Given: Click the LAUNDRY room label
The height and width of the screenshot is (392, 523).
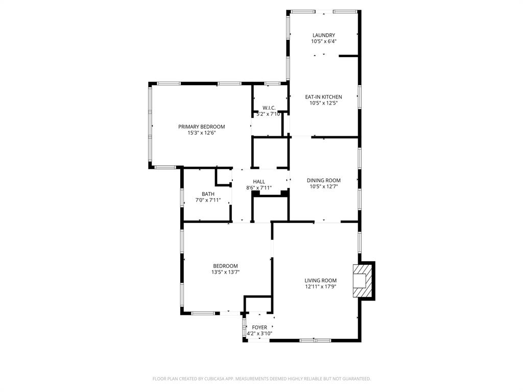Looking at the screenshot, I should pyautogui.click(x=323, y=35).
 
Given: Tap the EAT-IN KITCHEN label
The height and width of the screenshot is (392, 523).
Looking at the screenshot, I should pyautogui.click(x=323, y=96).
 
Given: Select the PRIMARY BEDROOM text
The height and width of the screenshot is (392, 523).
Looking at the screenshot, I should pyautogui.click(x=201, y=127).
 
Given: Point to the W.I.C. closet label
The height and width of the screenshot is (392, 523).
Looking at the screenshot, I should pyautogui.click(x=269, y=108).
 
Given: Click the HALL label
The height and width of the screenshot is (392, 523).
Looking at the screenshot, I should pyautogui.click(x=259, y=181).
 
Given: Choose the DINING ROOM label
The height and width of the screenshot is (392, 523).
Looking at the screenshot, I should pyautogui.click(x=323, y=180).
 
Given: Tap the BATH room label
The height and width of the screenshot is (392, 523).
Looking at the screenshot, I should pyautogui.click(x=208, y=194).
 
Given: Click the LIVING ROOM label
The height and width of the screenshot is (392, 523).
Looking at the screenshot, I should pyautogui.click(x=320, y=280).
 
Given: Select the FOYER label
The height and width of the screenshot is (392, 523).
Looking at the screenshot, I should pyautogui.click(x=259, y=327).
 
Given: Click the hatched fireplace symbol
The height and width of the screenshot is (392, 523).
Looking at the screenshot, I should pyautogui.click(x=362, y=281).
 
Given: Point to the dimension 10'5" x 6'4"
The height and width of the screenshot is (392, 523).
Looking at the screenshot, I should pyautogui.click(x=323, y=41).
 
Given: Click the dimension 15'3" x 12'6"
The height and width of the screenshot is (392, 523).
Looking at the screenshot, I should pyautogui.click(x=201, y=133).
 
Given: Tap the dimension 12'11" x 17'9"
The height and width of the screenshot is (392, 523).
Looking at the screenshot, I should pyautogui.click(x=320, y=286).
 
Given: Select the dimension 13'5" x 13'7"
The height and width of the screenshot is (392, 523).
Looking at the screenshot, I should pyautogui.click(x=225, y=272).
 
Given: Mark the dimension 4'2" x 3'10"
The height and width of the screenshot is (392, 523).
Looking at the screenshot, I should pyautogui.click(x=259, y=333).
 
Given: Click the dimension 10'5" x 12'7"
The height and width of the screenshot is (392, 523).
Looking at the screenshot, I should pyautogui.click(x=323, y=186).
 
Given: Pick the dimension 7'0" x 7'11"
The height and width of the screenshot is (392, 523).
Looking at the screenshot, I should pyautogui.click(x=208, y=200).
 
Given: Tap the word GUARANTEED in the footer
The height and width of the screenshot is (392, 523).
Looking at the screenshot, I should pyautogui.click(x=354, y=379).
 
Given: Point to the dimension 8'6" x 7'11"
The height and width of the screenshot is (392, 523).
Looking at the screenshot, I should pyautogui.click(x=259, y=188).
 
